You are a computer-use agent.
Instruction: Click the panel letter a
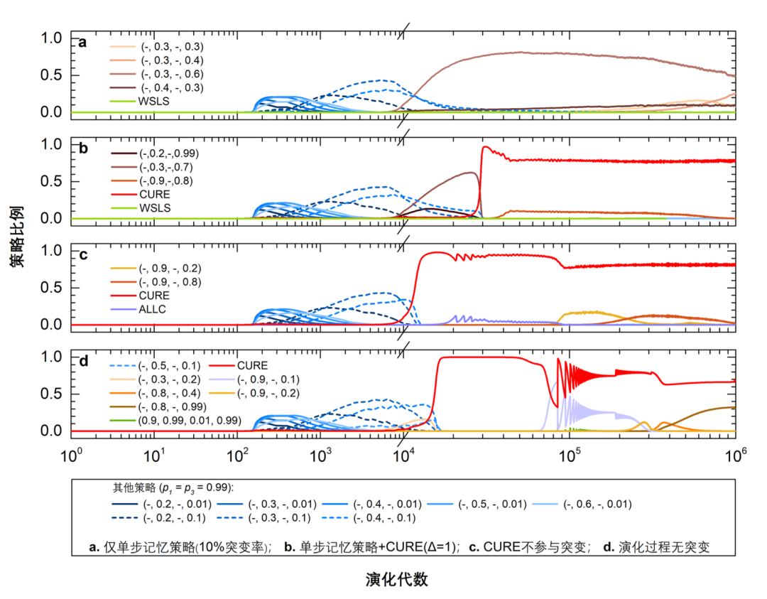pos(82,43)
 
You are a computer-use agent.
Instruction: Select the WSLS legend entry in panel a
pos(155,102)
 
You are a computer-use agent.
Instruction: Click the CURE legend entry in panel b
pos(155,194)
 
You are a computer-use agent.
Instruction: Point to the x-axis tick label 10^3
pos(321,453)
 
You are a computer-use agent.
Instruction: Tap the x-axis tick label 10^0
pos(72,453)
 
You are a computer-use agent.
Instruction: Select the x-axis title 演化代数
pos(396,579)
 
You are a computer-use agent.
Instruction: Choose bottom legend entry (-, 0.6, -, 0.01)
pos(597,504)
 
